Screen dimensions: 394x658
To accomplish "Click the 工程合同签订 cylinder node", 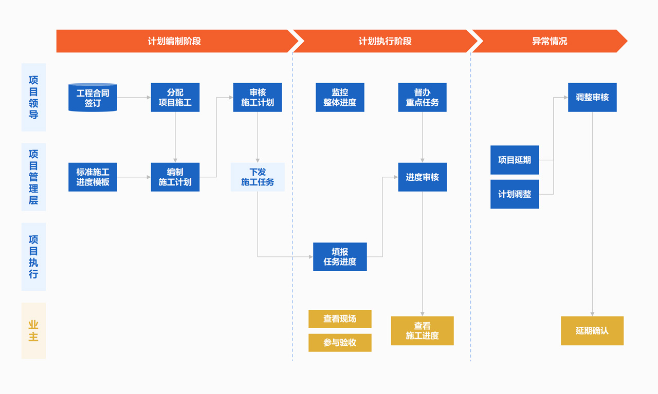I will point(93,98).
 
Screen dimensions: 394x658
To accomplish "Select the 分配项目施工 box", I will point(175,98).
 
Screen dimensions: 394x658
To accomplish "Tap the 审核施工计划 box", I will point(257,98).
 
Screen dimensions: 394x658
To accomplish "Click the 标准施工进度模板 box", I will point(93,177).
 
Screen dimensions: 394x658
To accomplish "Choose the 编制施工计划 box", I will point(175,177).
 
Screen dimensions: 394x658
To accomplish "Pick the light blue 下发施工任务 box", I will point(257,177).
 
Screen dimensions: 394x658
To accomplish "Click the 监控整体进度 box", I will point(340,98).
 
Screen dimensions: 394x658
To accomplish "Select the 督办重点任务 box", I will point(422,98).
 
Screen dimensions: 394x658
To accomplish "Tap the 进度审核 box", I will point(422,177).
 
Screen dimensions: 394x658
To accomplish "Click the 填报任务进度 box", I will point(340,257).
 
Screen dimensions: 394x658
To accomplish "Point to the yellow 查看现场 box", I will point(340,319).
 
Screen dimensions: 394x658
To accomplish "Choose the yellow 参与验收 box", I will point(340,343).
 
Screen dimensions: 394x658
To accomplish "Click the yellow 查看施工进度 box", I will point(422,331).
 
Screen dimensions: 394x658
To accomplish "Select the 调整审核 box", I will point(592,98).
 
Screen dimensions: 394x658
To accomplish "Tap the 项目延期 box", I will point(515,160).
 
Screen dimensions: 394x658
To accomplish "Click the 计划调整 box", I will point(515,194).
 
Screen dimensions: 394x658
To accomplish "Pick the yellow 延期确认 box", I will point(592,331).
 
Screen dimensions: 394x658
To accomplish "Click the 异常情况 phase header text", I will point(550,41).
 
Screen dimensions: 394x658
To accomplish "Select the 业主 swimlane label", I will point(33,331).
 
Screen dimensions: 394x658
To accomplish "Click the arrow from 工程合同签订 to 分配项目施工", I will point(134,97).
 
